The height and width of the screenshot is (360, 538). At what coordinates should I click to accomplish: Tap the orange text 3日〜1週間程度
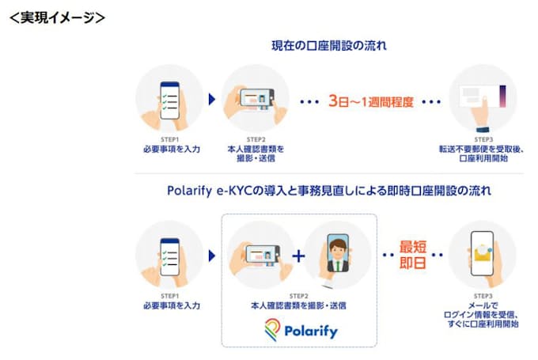(371, 101)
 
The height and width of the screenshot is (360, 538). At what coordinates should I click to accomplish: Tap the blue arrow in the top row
(212, 100)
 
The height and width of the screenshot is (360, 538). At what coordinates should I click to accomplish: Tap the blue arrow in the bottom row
(212, 255)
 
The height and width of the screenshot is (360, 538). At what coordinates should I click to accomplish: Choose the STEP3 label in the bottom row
(482, 294)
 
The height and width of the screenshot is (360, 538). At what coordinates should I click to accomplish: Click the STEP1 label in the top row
(169, 139)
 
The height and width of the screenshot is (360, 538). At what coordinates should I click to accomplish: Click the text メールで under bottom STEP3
(482, 304)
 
